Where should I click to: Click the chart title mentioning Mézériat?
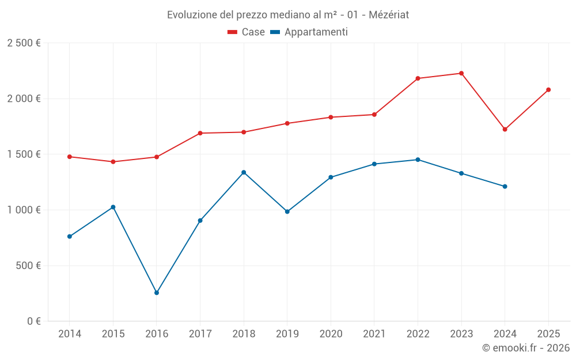288,14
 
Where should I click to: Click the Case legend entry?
247,32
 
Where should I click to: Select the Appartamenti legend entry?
309,32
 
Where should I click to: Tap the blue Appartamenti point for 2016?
157,293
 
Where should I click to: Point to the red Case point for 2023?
461,73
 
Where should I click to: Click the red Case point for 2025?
548,90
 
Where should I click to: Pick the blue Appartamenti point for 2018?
244,172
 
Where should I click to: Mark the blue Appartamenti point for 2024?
505,186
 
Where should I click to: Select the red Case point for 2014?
70,157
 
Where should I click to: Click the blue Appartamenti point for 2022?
418,160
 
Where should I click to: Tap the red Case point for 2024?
505,129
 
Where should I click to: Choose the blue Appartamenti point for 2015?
113,207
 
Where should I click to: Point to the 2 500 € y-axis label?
24,43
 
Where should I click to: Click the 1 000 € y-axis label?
24,210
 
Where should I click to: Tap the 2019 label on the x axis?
287,334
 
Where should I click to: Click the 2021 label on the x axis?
374,334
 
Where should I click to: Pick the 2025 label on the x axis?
548,334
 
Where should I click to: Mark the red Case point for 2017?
200,133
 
